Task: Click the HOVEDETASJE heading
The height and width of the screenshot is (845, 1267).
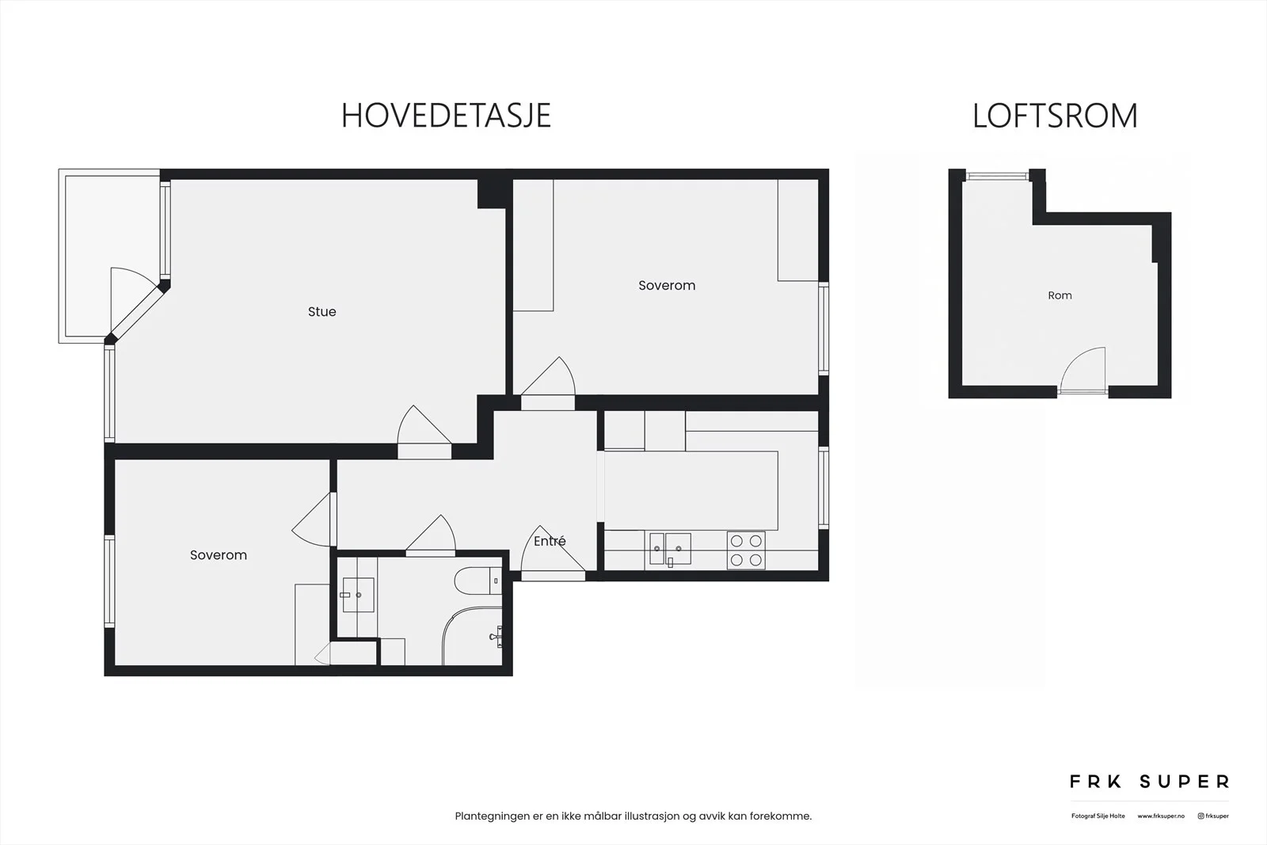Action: [446, 116]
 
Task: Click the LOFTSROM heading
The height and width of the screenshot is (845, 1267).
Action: [1055, 116]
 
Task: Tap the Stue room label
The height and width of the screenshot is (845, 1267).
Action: [322, 312]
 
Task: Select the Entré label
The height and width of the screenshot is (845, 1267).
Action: [550, 541]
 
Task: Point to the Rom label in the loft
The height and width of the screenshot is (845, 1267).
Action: [1060, 295]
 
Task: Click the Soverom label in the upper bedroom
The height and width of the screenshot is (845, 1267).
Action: [667, 286]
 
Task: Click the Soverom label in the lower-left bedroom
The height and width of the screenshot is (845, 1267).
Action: [219, 555]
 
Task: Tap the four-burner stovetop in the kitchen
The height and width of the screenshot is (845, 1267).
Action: [746, 550]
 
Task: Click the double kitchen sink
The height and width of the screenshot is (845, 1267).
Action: [670, 549]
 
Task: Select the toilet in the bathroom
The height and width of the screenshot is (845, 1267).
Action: [478, 580]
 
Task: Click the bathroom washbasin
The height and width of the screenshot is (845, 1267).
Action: [358, 595]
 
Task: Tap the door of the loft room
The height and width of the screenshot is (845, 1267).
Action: [1082, 371]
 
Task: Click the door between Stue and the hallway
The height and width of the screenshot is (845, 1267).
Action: [424, 432]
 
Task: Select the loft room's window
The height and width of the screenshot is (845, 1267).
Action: [997, 177]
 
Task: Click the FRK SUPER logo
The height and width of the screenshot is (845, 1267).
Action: [1149, 782]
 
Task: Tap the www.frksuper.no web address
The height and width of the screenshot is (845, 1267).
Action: [1161, 816]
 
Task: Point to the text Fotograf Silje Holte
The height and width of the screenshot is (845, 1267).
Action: [1098, 816]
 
